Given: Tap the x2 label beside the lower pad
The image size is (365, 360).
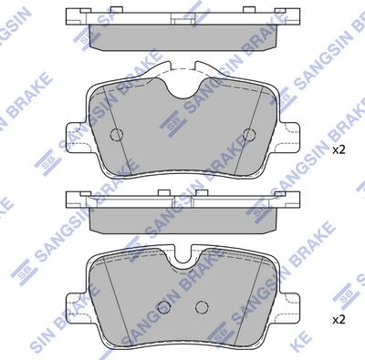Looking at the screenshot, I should tap(339, 319).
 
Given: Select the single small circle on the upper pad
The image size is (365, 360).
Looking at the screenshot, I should tap(116, 136).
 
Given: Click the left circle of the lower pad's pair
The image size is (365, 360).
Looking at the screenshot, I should tap(162, 306).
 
